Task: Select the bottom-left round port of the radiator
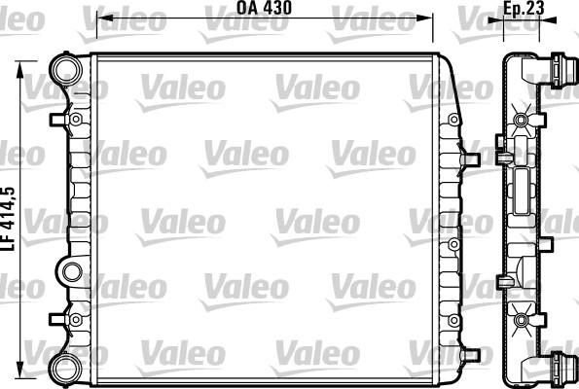coord(66,368)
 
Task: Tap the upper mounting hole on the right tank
coord(451,120)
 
